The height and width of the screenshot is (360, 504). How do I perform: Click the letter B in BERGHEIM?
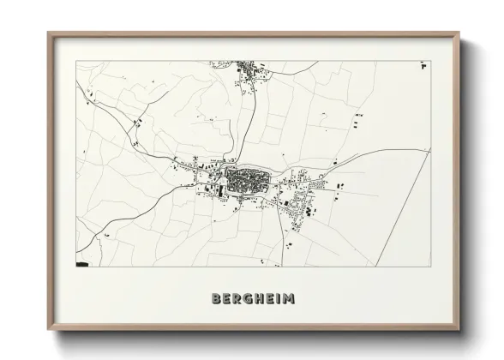pyautogui.click(x=216, y=298)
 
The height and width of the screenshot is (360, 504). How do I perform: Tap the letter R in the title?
pyautogui.click(x=237, y=298)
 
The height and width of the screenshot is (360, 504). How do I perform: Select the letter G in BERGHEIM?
pyautogui.click(x=249, y=298)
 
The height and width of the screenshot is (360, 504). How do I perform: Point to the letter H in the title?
pyautogui.click(x=260, y=298)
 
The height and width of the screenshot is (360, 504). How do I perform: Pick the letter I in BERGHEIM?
pyautogui.click(x=279, y=298)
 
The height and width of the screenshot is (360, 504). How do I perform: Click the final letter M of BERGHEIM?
pyautogui.click(x=290, y=298)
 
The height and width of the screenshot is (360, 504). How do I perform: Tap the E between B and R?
pyautogui.click(x=227, y=298)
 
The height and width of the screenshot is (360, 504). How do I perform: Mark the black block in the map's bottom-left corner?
pyautogui.click(x=82, y=265)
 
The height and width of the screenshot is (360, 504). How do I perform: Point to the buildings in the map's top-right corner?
pyautogui.click(x=422, y=65)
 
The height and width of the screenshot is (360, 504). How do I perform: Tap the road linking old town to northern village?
pyautogui.click(x=247, y=129)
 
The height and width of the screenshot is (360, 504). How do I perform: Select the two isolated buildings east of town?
pyautogui.click(x=339, y=184)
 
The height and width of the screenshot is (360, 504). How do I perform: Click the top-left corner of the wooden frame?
pyautogui.click(x=49, y=33)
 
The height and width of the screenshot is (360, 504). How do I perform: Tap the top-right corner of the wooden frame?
pyautogui.click(x=459, y=33)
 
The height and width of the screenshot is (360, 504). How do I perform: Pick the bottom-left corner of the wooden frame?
pyautogui.click(x=49, y=330)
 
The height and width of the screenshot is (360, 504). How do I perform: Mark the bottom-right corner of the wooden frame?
pyautogui.click(x=459, y=330)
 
